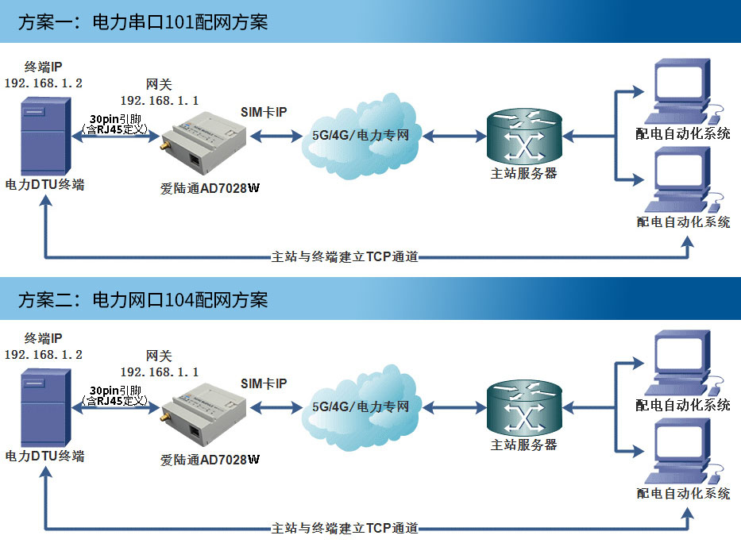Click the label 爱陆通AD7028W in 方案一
pos(210,189)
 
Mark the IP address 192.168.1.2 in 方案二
pos(44,355)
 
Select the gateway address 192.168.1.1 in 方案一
pos(160,100)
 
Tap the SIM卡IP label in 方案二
pos(264,383)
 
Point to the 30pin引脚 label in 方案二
pos(115,391)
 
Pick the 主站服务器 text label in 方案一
pos(524,173)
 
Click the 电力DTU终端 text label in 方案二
pos(45,456)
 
